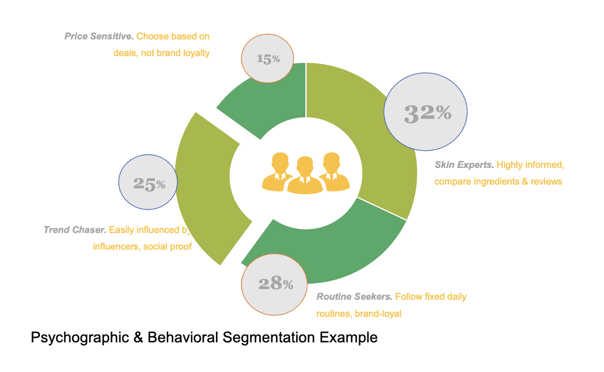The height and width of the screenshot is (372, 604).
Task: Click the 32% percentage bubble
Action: (x=426, y=113)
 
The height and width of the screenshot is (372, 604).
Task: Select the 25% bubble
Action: (x=148, y=183)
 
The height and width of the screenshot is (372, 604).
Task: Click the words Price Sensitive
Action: (x=99, y=37)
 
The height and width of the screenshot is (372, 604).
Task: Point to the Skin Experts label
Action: (x=464, y=165)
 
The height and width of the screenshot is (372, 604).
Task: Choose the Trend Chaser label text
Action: (x=75, y=230)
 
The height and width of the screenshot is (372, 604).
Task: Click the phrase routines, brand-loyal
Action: (x=358, y=314)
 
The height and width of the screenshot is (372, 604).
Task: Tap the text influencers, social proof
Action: (x=142, y=247)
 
